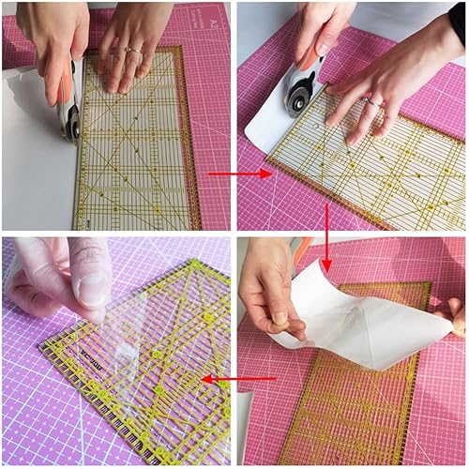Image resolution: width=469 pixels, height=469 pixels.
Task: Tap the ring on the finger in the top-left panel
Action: (132, 49)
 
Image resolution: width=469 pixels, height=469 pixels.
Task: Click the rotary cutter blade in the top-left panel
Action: (71, 122)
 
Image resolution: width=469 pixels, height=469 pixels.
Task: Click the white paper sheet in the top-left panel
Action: (33, 159)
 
